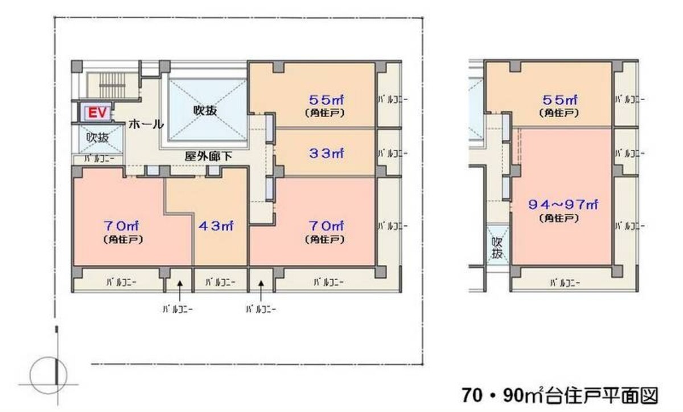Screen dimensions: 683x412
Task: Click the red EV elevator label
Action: pyautogui.click(x=97, y=113)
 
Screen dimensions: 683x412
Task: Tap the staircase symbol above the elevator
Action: pyautogui.click(x=112, y=85)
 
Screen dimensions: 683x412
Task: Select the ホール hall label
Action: pyautogui.click(x=146, y=124)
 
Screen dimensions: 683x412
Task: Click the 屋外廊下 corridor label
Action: pyautogui.click(x=208, y=156)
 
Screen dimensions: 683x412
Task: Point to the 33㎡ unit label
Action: pyautogui.click(x=326, y=153)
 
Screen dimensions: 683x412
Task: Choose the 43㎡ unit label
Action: pyautogui.click(x=216, y=226)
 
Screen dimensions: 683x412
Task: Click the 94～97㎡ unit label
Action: pyautogui.click(x=563, y=205)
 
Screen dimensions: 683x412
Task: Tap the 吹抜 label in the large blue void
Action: pyautogui.click(x=205, y=111)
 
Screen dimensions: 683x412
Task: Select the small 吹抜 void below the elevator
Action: pyautogui.click(x=101, y=139)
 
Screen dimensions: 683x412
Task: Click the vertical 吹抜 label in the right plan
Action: pyautogui.click(x=497, y=248)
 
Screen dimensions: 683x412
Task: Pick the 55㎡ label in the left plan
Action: pyautogui.click(x=326, y=100)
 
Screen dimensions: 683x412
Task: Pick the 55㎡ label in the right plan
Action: pyautogui.click(x=560, y=100)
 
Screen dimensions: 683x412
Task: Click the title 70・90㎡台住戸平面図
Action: pyautogui.click(x=560, y=396)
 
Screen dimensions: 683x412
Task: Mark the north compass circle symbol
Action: pyautogui.click(x=48, y=375)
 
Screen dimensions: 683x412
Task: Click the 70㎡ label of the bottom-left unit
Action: pyautogui.click(x=121, y=226)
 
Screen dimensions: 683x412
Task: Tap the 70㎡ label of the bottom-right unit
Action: pyautogui.click(x=326, y=226)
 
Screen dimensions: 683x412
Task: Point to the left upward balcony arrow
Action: pyautogui.click(x=180, y=291)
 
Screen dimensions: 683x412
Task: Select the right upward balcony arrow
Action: pyautogui.click(x=261, y=291)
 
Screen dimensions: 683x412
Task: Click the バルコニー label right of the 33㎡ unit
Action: pyautogui.click(x=392, y=153)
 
